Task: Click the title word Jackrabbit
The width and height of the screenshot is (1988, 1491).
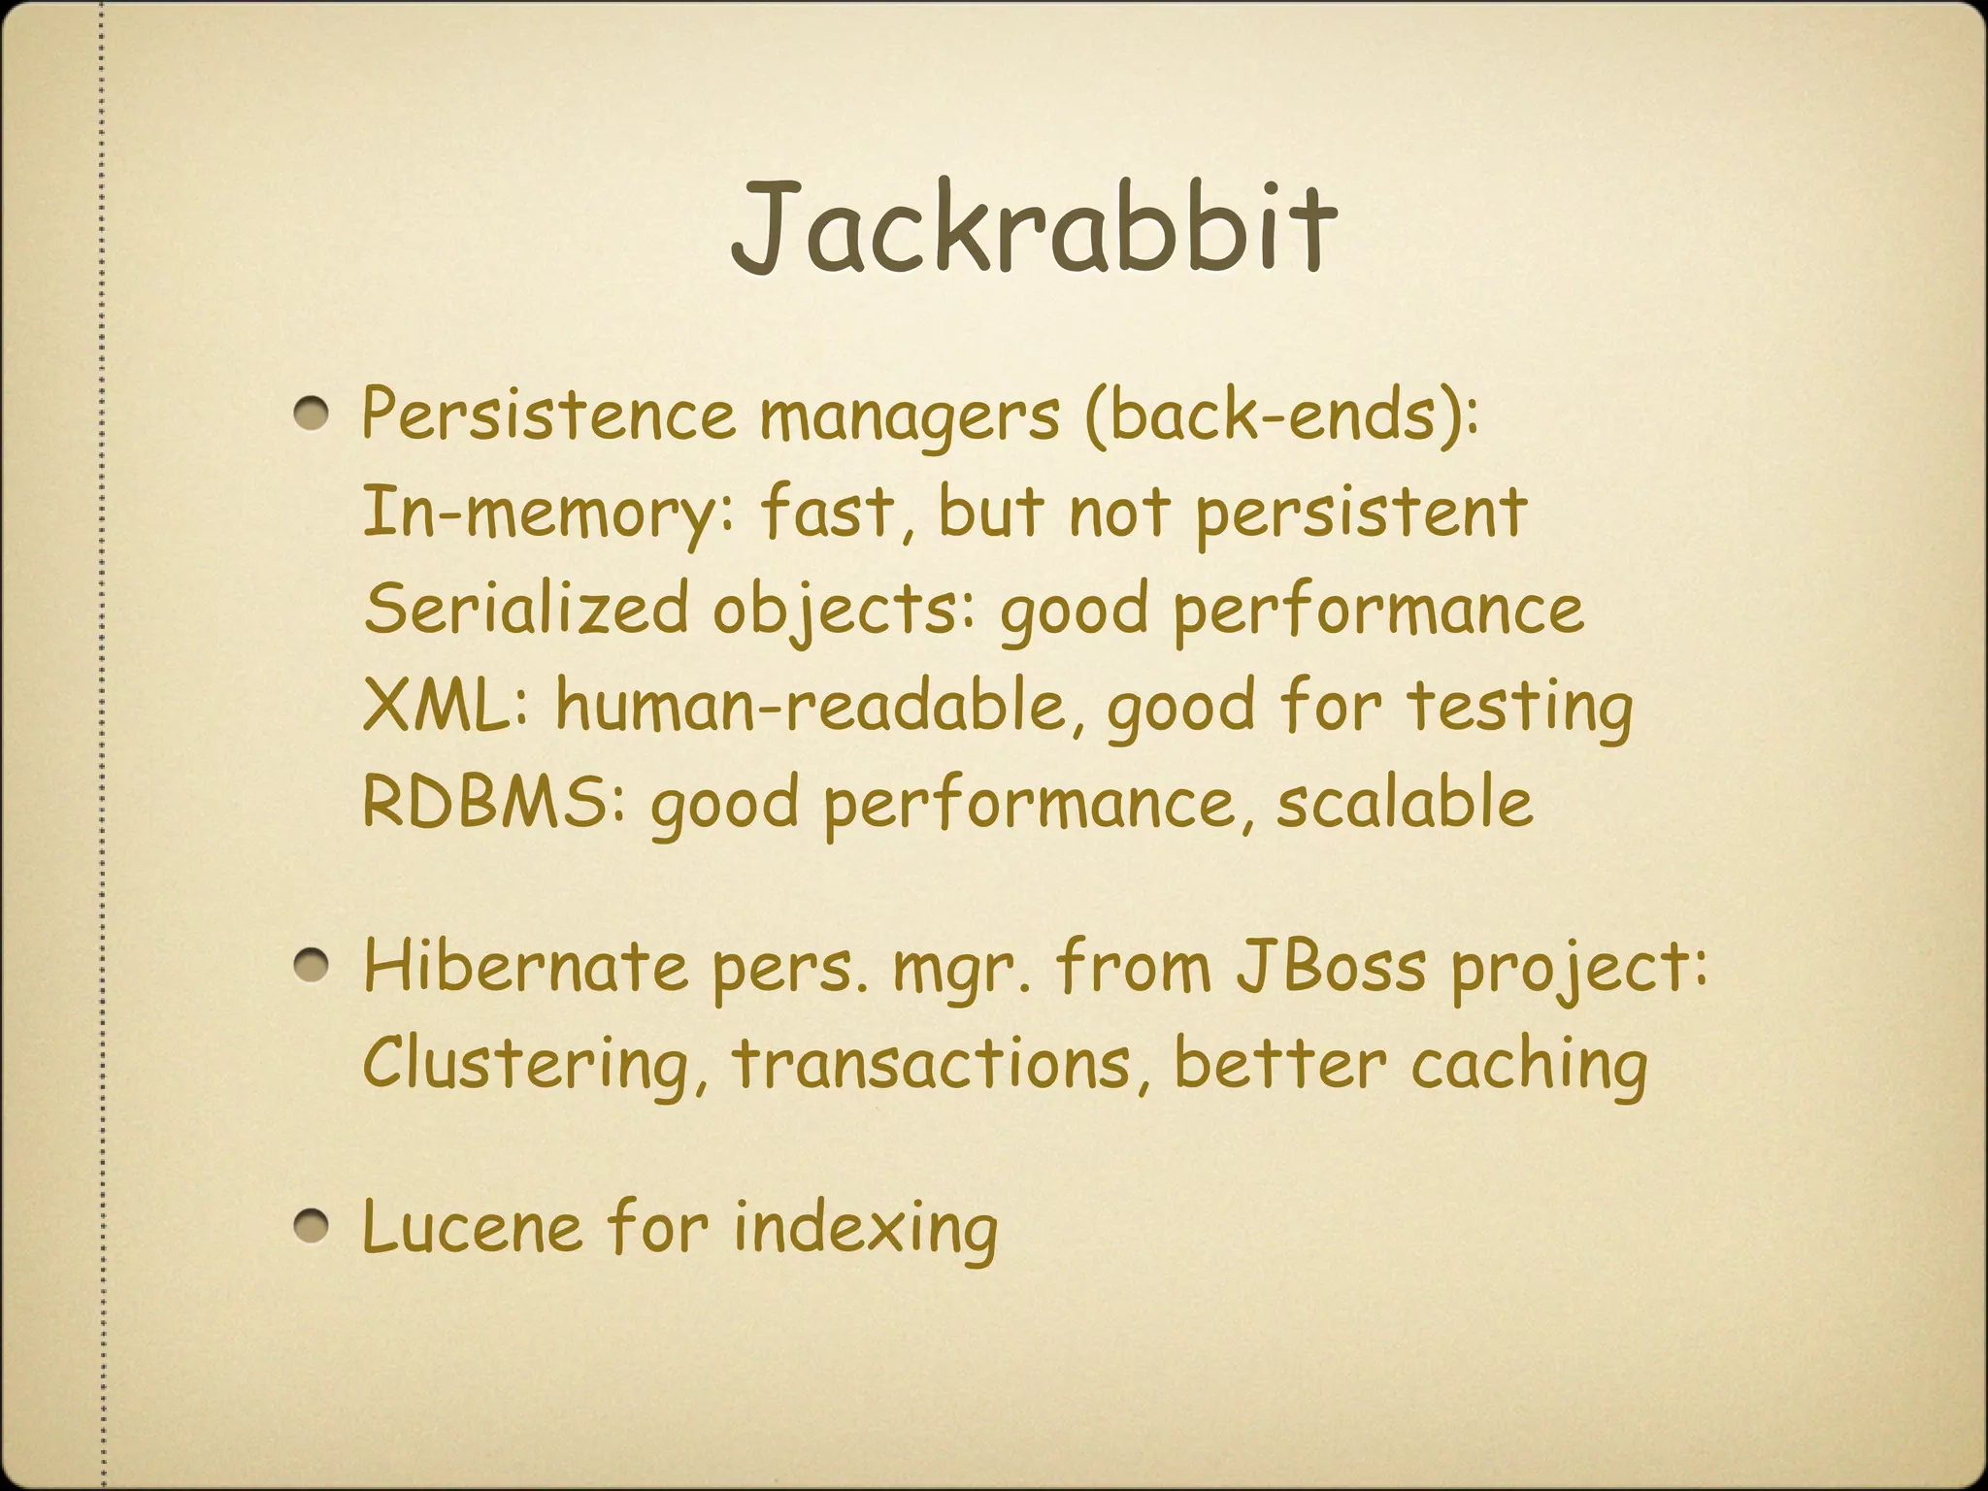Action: [1033, 228]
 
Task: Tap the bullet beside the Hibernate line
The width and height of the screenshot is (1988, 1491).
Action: [313, 967]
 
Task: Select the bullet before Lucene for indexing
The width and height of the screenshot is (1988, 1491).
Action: [313, 1227]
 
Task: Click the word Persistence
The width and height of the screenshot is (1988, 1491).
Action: [548, 415]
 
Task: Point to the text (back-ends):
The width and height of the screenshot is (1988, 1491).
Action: [1280, 415]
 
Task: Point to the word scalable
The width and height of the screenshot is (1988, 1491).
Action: [1404, 803]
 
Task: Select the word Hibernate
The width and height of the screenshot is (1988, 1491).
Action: [524, 967]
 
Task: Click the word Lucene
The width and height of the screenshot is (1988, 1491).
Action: [472, 1227]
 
